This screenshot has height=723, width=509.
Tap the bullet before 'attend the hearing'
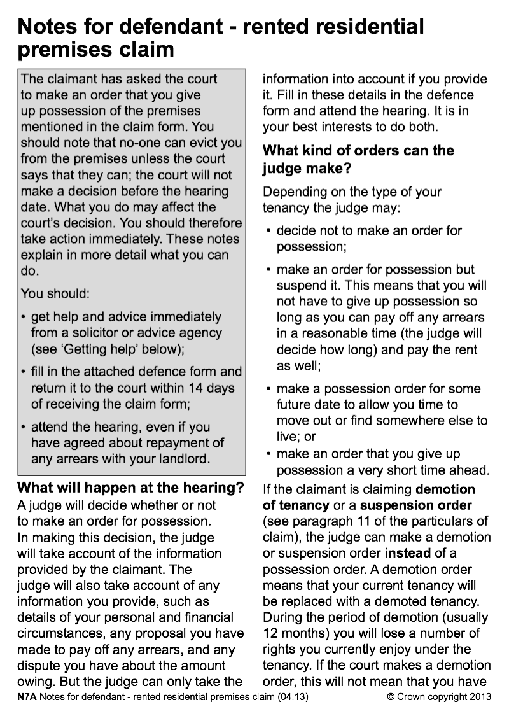[24, 427]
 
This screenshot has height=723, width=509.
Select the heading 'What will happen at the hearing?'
[130, 488]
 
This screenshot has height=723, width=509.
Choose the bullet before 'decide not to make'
[270, 231]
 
